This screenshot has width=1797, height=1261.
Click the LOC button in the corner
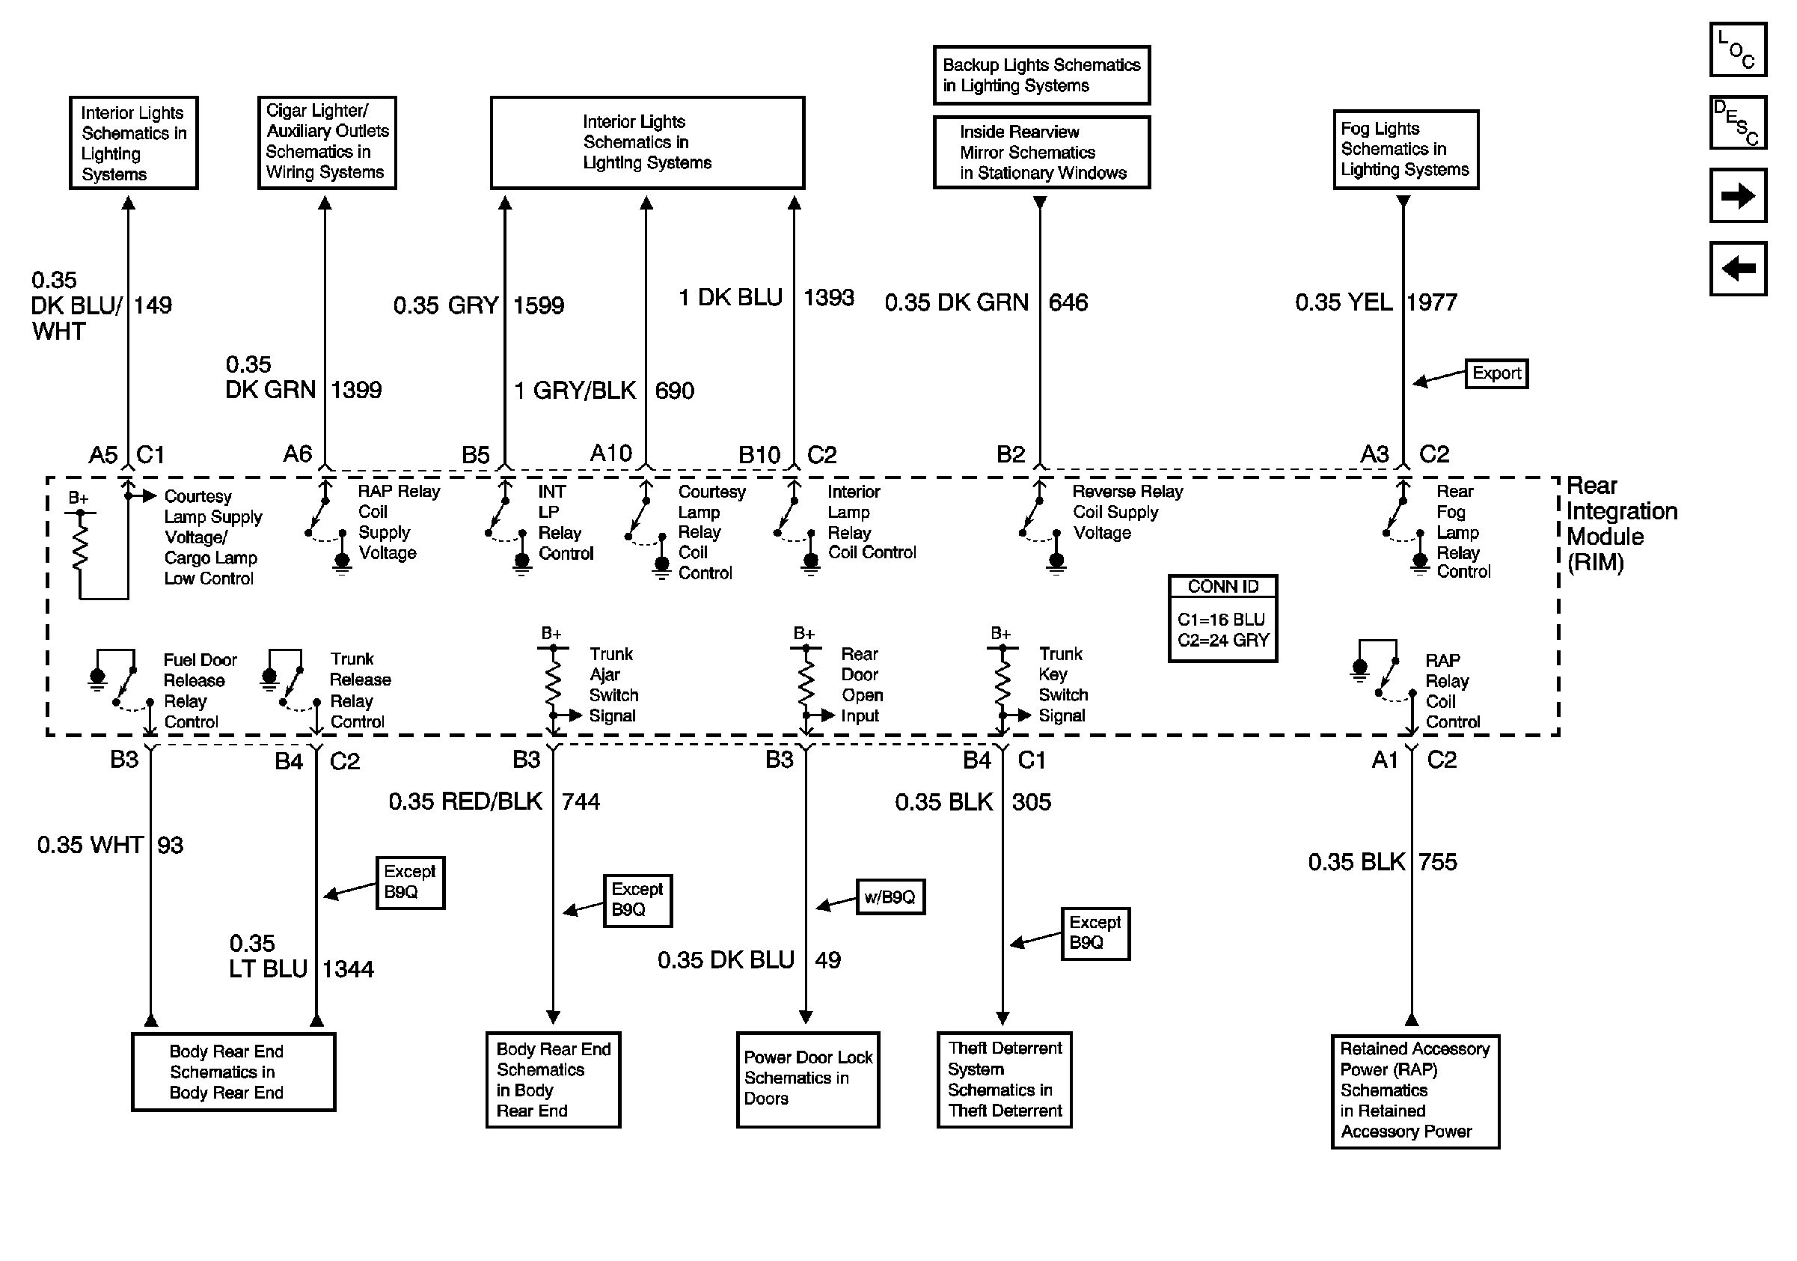[x=1737, y=49]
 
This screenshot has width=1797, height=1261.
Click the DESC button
[x=1737, y=122]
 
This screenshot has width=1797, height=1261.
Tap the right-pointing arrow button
[x=1737, y=195]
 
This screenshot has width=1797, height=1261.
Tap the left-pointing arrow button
[x=1737, y=269]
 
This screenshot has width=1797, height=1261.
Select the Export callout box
[x=1496, y=373]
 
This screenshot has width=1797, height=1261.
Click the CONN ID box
[x=1222, y=618]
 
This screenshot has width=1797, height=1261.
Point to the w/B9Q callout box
[x=890, y=897]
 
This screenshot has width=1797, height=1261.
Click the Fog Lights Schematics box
[x=1406, y=150]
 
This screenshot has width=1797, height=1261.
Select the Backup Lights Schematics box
[x=1041, y=75]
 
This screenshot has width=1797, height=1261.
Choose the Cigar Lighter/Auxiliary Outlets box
[x=327, y=142]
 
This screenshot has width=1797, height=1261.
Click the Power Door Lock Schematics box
[x=808, y=1078]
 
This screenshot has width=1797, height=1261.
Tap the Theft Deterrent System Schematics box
[x=1004, y=1078]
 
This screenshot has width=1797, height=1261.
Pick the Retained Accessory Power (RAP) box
[x=1415, y=1090]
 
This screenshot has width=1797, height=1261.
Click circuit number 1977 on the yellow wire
[x=1431, y=303]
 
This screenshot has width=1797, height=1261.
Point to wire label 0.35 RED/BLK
[x=465, y=802]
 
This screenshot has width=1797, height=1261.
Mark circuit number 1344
[x=349, y=969]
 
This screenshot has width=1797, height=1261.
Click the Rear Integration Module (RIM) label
[x=1621, y=524]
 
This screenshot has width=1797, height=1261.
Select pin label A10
[x=610, y=454]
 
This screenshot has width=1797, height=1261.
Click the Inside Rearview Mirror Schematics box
[x=1041, y=153]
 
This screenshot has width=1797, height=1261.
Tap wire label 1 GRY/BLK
[x=575, y=390]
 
